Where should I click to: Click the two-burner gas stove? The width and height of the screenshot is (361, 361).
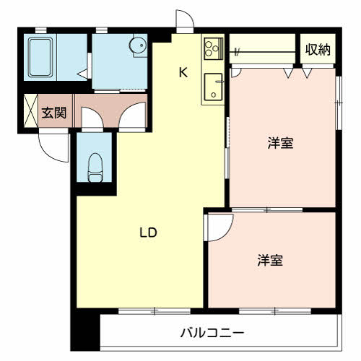[213, 50]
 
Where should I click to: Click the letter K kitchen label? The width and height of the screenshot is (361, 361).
[183, 71]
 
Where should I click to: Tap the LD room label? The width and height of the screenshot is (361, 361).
[148, 232]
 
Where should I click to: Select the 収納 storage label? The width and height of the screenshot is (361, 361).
[318, 50]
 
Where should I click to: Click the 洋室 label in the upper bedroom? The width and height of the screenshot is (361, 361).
[281, 143]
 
